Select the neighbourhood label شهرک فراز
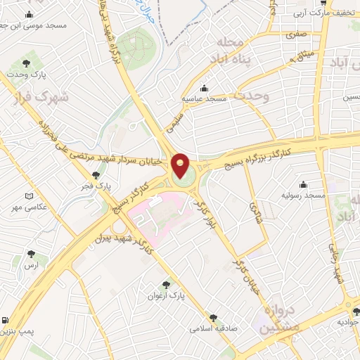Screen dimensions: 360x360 [x=41, y=96]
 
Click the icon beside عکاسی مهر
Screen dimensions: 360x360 [x=28, y=196]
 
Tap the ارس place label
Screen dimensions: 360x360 [x=31, y=265]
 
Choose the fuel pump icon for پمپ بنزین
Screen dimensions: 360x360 [x=6, y=320]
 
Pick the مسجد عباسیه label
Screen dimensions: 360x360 [x=204, y=99]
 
